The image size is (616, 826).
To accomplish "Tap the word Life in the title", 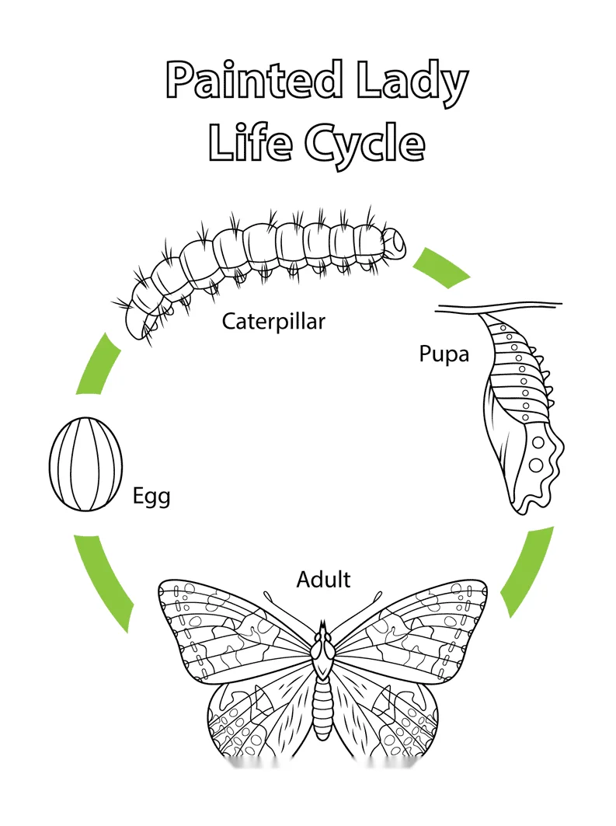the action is (250, 141).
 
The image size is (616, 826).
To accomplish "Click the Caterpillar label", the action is (273, 322).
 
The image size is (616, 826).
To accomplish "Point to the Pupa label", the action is (444, 354).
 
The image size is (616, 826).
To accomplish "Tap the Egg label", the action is (151, 497).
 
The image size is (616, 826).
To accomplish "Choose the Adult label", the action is (323, 580).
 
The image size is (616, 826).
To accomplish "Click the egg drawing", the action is (85, 464).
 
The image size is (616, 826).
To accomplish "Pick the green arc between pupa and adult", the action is (527, 573).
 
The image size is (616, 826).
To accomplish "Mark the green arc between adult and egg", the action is (103, 582).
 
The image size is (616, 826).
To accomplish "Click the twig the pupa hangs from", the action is (499, 308).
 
